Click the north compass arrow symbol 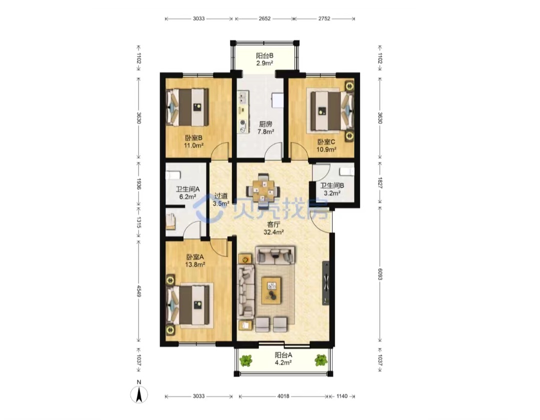pos(139,394)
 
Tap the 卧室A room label pos(195,257)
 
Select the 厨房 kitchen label pos(265,124)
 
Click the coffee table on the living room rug pos(271,290)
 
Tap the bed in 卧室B pos(187,107)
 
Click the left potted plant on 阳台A pos(246,361)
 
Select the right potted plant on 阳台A pos(321,360)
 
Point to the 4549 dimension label pos(139,291)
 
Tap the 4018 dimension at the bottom pos(283,396)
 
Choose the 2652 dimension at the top pos(264,19)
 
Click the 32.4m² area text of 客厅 pos(273,232)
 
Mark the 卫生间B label pos(332,186)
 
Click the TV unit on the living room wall pos(326,283)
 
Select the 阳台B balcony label pos(264,56)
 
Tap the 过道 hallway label pos(221,196)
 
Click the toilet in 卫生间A pos(172,175)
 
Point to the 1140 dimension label pos(341,396)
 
